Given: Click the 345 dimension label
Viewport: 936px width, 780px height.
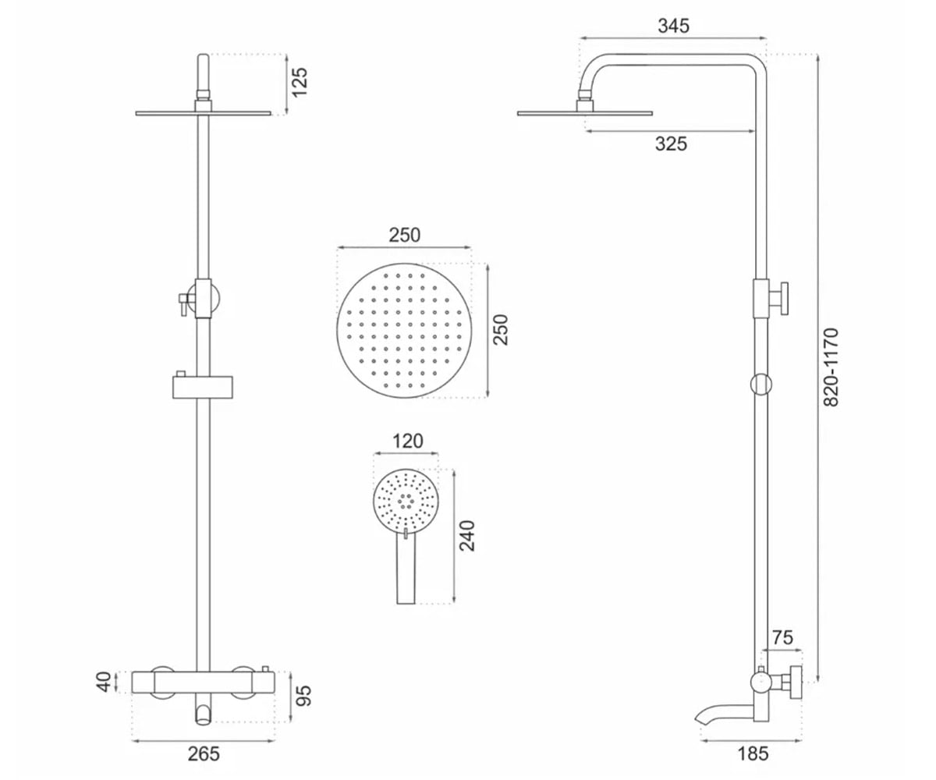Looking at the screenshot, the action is pyautogui.click(x=673, y=26).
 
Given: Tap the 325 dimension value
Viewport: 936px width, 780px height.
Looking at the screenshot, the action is pyautogui.click(x=671, y=144).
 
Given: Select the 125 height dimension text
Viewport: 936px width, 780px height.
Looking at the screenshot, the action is pyautogui.click(x=300, y=82).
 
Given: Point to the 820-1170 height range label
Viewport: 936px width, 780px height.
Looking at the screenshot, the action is pyautogui.click(x=830, y=367).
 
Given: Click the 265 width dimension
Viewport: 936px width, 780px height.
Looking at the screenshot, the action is pyautogui.click(x=204, y=754).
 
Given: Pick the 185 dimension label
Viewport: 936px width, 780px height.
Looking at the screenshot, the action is pyautogui.click(x=753, y=754).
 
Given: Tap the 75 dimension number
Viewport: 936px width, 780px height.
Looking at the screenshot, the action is pyautogui.click(x=782, y=637).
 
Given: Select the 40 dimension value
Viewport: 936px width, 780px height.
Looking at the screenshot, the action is pyautogui.click(x=104, y=682).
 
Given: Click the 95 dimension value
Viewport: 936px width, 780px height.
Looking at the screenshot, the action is pyautogui.click(x=304, y=696).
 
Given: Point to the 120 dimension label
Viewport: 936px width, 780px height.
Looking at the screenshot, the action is pyautogui.click(x=407, y=441).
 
